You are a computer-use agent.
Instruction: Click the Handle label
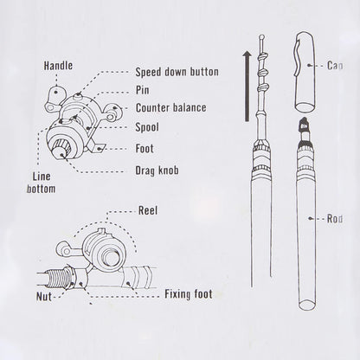(58, 65)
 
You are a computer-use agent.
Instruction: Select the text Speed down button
(177, 73)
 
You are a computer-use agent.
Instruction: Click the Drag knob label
(157, 170)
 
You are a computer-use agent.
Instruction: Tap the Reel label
(148, 210)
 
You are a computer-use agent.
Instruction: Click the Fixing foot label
(189, 294)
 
